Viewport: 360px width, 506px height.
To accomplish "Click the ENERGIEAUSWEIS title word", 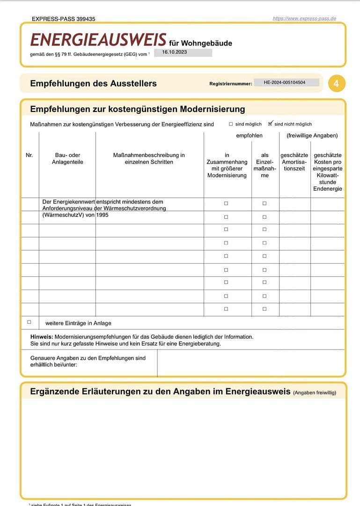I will (98, 40).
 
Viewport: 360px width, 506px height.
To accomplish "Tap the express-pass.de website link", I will (304, 19).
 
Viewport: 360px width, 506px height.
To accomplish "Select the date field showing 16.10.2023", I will (183, 52).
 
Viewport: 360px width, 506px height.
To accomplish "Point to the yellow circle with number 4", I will (336, 83).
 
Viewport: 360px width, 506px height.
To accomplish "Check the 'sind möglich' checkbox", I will (231, 124).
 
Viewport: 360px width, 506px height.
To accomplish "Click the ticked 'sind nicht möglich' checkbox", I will (270, 124).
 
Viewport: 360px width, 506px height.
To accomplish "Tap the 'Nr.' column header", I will (29, 155).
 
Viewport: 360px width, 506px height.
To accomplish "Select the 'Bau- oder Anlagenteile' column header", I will (67, 158).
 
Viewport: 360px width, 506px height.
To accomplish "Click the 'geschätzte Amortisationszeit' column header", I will (294, 162).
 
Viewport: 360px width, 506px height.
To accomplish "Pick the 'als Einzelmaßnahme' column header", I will (264, 165).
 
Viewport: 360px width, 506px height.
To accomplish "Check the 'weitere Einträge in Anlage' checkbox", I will (29, 322).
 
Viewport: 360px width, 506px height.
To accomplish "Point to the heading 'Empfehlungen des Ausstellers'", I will (93, 83).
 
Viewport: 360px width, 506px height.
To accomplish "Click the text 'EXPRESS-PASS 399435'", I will (64, 19).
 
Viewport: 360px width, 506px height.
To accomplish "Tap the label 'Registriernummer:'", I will (230, 84).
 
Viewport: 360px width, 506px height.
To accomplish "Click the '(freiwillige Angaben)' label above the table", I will (312, 136).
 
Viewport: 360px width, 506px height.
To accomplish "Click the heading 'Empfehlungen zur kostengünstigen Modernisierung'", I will (137, 109).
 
